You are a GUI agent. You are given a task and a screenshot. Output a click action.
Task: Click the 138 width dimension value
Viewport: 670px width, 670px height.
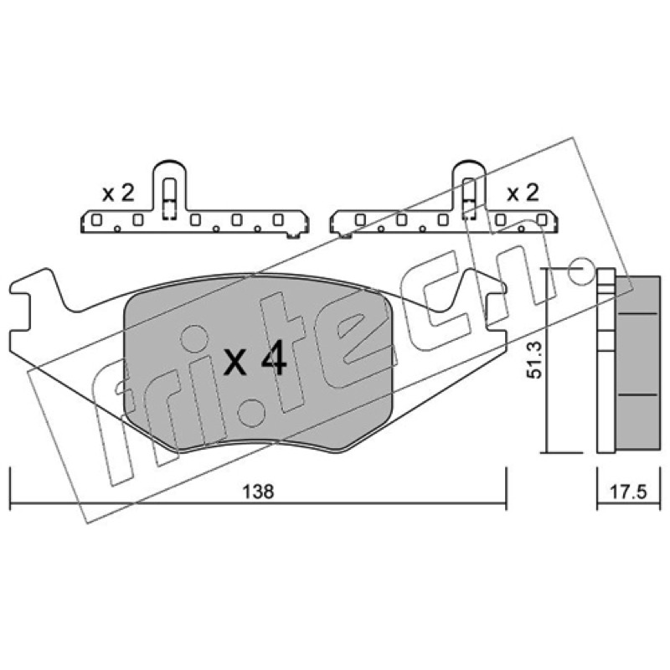click(258, 492)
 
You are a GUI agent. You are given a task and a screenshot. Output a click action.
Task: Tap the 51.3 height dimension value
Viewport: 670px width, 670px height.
click(533, 360)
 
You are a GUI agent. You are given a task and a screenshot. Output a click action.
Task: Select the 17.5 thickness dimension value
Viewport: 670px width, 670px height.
click(628, 492)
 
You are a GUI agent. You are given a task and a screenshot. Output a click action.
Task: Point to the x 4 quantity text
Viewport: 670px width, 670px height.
click(255, 362)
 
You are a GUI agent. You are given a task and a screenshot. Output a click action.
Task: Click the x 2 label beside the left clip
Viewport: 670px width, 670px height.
click(118, 193)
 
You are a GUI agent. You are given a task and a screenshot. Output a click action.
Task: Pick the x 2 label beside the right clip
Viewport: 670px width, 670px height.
click(523, 193)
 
